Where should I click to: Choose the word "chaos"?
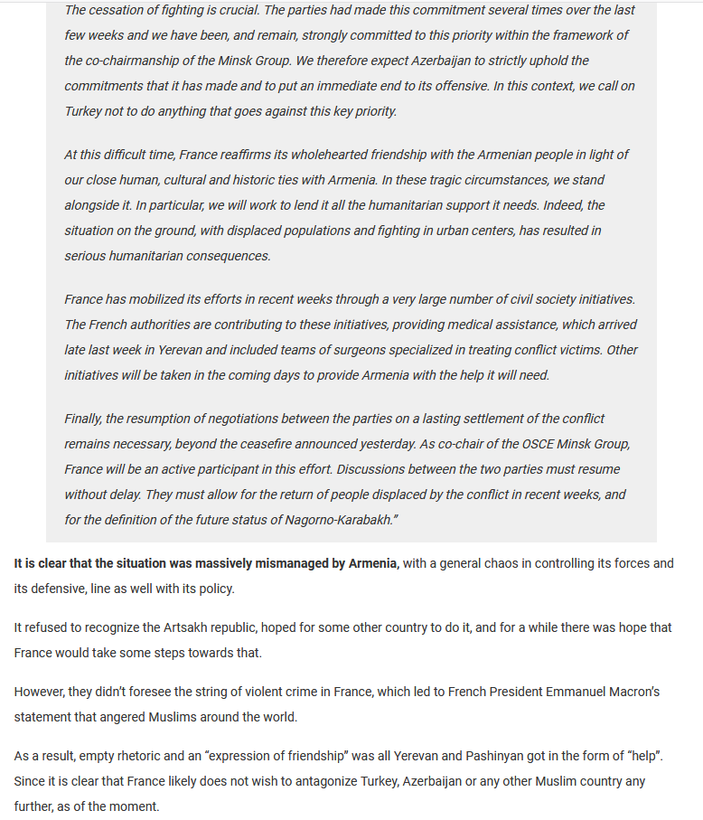tap(497, 563)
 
